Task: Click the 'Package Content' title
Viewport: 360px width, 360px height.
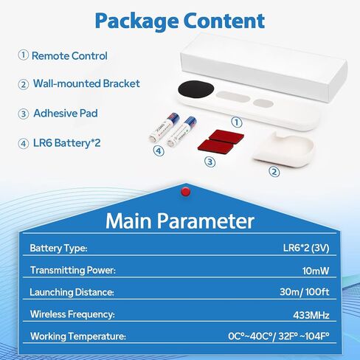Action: tap(180, 21)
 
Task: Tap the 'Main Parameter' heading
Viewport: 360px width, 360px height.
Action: tap(180, 221)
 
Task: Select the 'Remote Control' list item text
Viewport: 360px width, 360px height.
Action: tap(69, 56)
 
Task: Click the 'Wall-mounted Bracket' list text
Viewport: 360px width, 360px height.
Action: tap(86, 83)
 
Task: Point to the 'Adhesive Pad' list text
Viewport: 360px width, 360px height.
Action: tap(66, 113)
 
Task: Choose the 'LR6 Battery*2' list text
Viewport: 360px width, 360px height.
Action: tap(66, 143)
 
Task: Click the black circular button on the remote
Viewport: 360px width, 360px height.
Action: tap(195, 89)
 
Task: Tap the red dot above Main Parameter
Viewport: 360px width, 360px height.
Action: tap(185, 192)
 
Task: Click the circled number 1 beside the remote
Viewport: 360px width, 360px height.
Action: tap(237, 122)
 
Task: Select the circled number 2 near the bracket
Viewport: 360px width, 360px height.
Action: tap(274, 172)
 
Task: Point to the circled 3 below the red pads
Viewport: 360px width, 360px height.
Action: tap(210, 162)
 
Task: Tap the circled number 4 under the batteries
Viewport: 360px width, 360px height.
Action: tap(159, 150)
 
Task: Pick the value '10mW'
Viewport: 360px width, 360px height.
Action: tap(316, 271)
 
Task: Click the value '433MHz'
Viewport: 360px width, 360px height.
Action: tap(311, 315)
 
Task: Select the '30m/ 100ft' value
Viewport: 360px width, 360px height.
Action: tap(305, 292)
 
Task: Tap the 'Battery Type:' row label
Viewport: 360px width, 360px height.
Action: tap(58, 248)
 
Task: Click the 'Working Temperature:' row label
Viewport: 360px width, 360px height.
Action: tap(78, 336)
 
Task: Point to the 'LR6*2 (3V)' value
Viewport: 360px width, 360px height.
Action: tap(306, 248)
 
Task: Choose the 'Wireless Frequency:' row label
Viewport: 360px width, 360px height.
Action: tap(72, 314)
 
